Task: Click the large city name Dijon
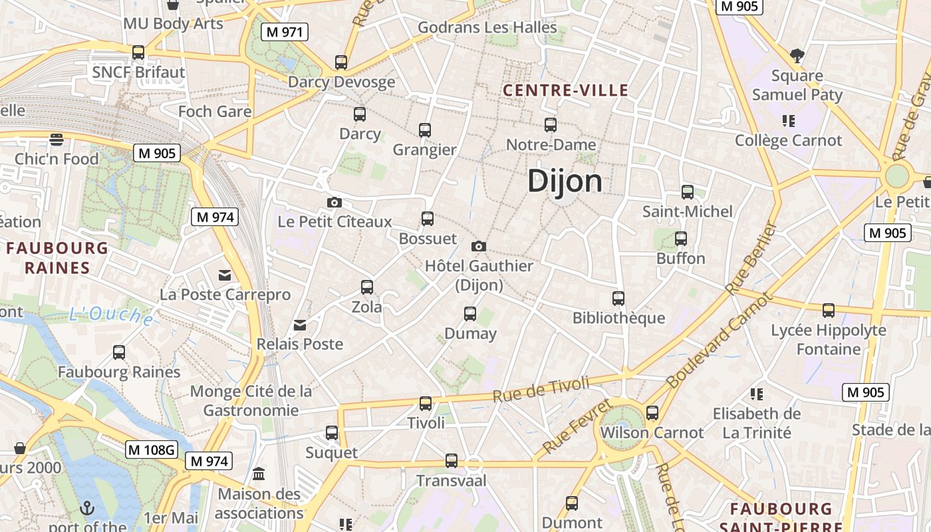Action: point(565,181)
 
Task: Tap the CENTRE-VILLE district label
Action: point(565,90)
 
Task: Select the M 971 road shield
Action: point(284,32)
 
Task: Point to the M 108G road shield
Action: point(152,450)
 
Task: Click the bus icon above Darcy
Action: point(360,114)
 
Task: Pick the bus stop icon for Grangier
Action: point(425,130)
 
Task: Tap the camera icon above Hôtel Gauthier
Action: point(478,246)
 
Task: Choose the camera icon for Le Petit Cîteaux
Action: point(334,202)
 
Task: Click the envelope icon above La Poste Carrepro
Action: point(225,275)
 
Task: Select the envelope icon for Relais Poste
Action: point(300,325)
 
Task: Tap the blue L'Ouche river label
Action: point(111,315)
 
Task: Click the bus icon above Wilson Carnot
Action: point(652,412)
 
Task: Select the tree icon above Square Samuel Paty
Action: point(797,56)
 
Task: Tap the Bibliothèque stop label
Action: point(618,318)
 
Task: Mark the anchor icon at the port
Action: point(87,509)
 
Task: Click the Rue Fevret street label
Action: point(577,427)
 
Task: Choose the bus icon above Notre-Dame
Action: point(551,124)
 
